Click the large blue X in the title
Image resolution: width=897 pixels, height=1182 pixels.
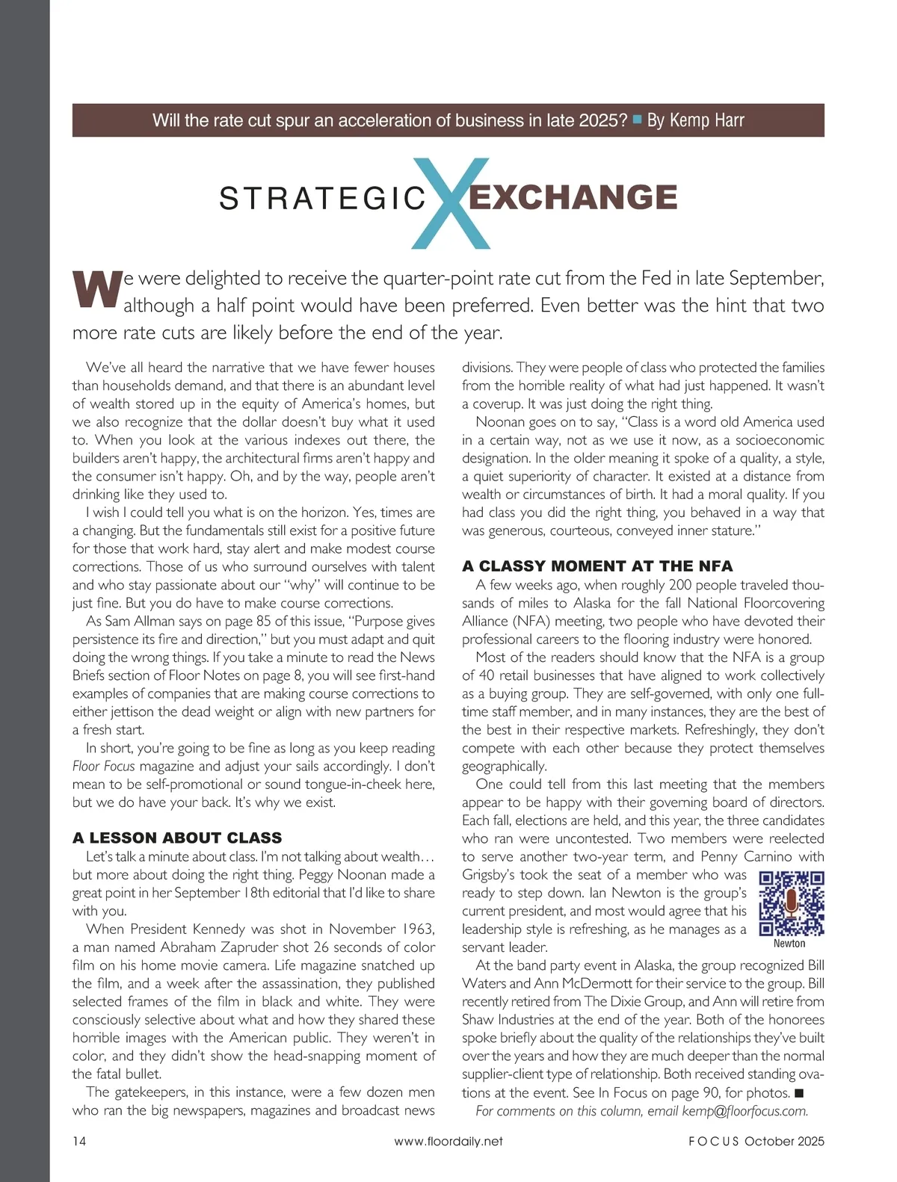click(451, 203)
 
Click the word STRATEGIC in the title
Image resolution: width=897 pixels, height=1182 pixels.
click(322, 199)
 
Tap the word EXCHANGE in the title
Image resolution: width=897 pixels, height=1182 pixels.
click(573, 197)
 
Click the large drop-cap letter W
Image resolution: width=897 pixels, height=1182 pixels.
click(96, 290)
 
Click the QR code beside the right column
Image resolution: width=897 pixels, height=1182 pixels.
click(791, 903)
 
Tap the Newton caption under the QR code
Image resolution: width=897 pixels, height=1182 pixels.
click(789, 944)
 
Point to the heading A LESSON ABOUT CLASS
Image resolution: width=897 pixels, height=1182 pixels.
click(177, 838)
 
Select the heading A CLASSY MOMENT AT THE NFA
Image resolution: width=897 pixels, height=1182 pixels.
click(597, 566)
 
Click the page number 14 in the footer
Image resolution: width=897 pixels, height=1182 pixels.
click(79, 1141)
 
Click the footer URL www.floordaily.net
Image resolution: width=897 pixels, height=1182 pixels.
click(449, 1141)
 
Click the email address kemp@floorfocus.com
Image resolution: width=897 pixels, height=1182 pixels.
click(745, 1111)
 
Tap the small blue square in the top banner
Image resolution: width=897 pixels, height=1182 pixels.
click(638, 119)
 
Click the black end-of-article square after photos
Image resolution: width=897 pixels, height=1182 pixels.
click(799, 1093)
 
